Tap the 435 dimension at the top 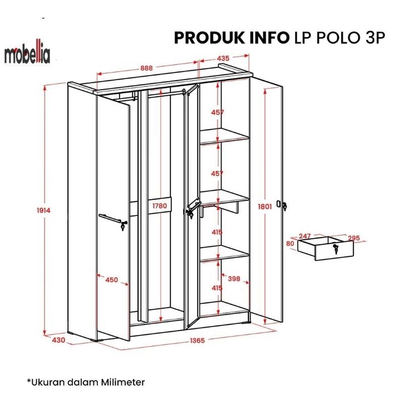tap(223, 58)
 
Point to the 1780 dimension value tap(159, 206)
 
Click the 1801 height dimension tap(265, 206)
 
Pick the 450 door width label tap(111, 279)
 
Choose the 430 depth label tap(58, 339)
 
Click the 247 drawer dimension tap(304, 237)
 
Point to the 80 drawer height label tap(290, 244)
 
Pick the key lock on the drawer tap(335, 249)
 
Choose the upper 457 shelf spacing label tap(218, 112)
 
